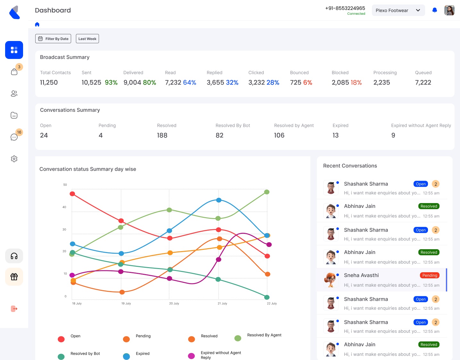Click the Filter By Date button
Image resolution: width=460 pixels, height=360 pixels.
coord(53,39)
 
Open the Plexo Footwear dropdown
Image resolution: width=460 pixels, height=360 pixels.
coord(398,10)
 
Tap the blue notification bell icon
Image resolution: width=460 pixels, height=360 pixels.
coord(435,10)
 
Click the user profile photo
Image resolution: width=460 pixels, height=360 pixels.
coord(449,10)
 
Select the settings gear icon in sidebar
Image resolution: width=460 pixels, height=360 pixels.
coord(14,159)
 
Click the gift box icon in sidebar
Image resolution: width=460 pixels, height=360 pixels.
coord(14,277)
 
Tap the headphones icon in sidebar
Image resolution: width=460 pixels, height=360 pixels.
coord(14,256)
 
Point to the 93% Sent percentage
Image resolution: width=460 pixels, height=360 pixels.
coord(111,83)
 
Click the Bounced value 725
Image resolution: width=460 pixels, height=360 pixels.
coord(295,83)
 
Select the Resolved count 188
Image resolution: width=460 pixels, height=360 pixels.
coord(162,135)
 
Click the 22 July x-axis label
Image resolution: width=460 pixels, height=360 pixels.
coord(272,303)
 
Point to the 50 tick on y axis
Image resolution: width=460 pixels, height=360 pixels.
coord(65,185)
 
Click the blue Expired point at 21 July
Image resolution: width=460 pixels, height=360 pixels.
coord(219,200)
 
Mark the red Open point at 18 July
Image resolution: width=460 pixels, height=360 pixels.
coord(72,194)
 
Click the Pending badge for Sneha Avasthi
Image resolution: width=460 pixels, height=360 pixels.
coord(430,275)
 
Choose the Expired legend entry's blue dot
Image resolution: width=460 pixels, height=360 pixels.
coord(127,356)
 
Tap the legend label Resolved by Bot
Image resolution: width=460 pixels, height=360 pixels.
coord(85,354)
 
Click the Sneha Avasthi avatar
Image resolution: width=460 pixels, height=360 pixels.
coord(331,280)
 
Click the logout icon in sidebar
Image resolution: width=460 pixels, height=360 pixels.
coord(14,309)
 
